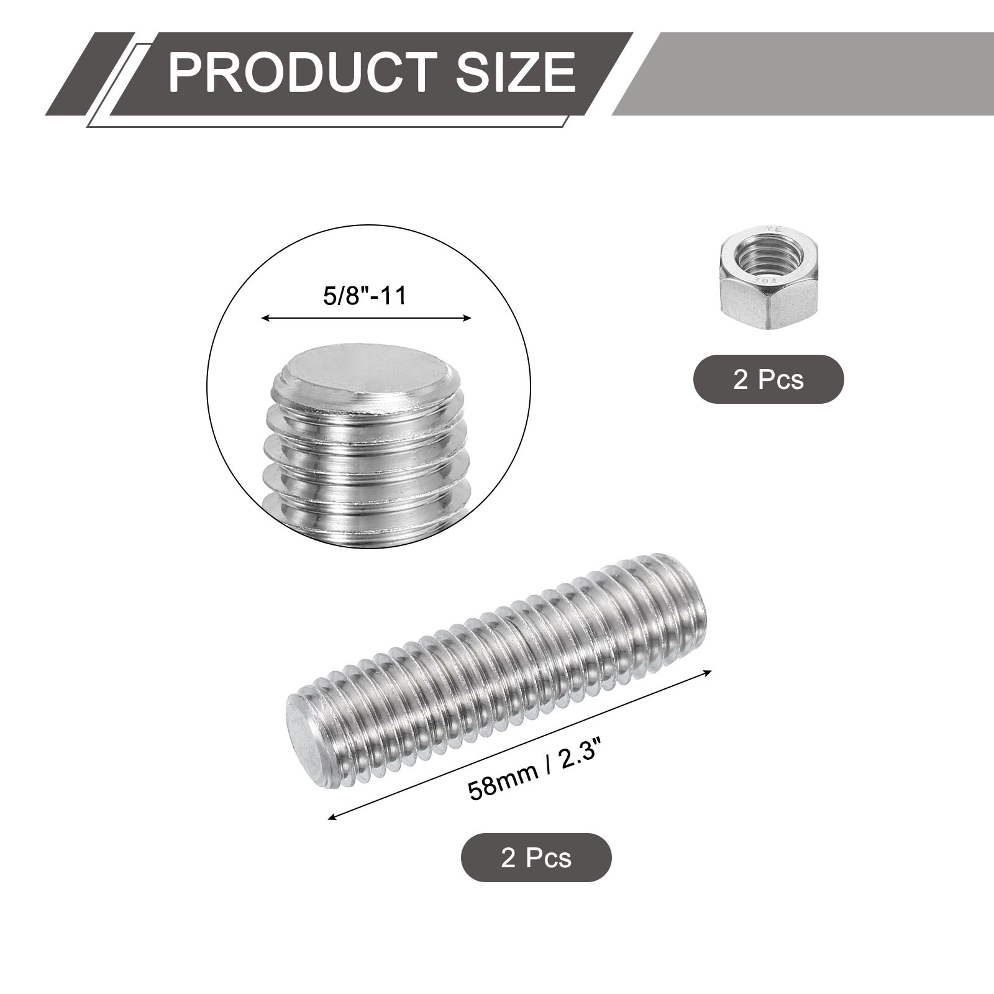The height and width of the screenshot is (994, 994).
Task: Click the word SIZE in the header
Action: tap(516, 73)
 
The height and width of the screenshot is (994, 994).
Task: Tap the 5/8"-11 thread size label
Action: tap(365, 295)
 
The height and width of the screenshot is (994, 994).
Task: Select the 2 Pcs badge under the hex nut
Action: tap(768, 379)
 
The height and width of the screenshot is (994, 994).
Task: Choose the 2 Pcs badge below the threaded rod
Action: tap(536, 857)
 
